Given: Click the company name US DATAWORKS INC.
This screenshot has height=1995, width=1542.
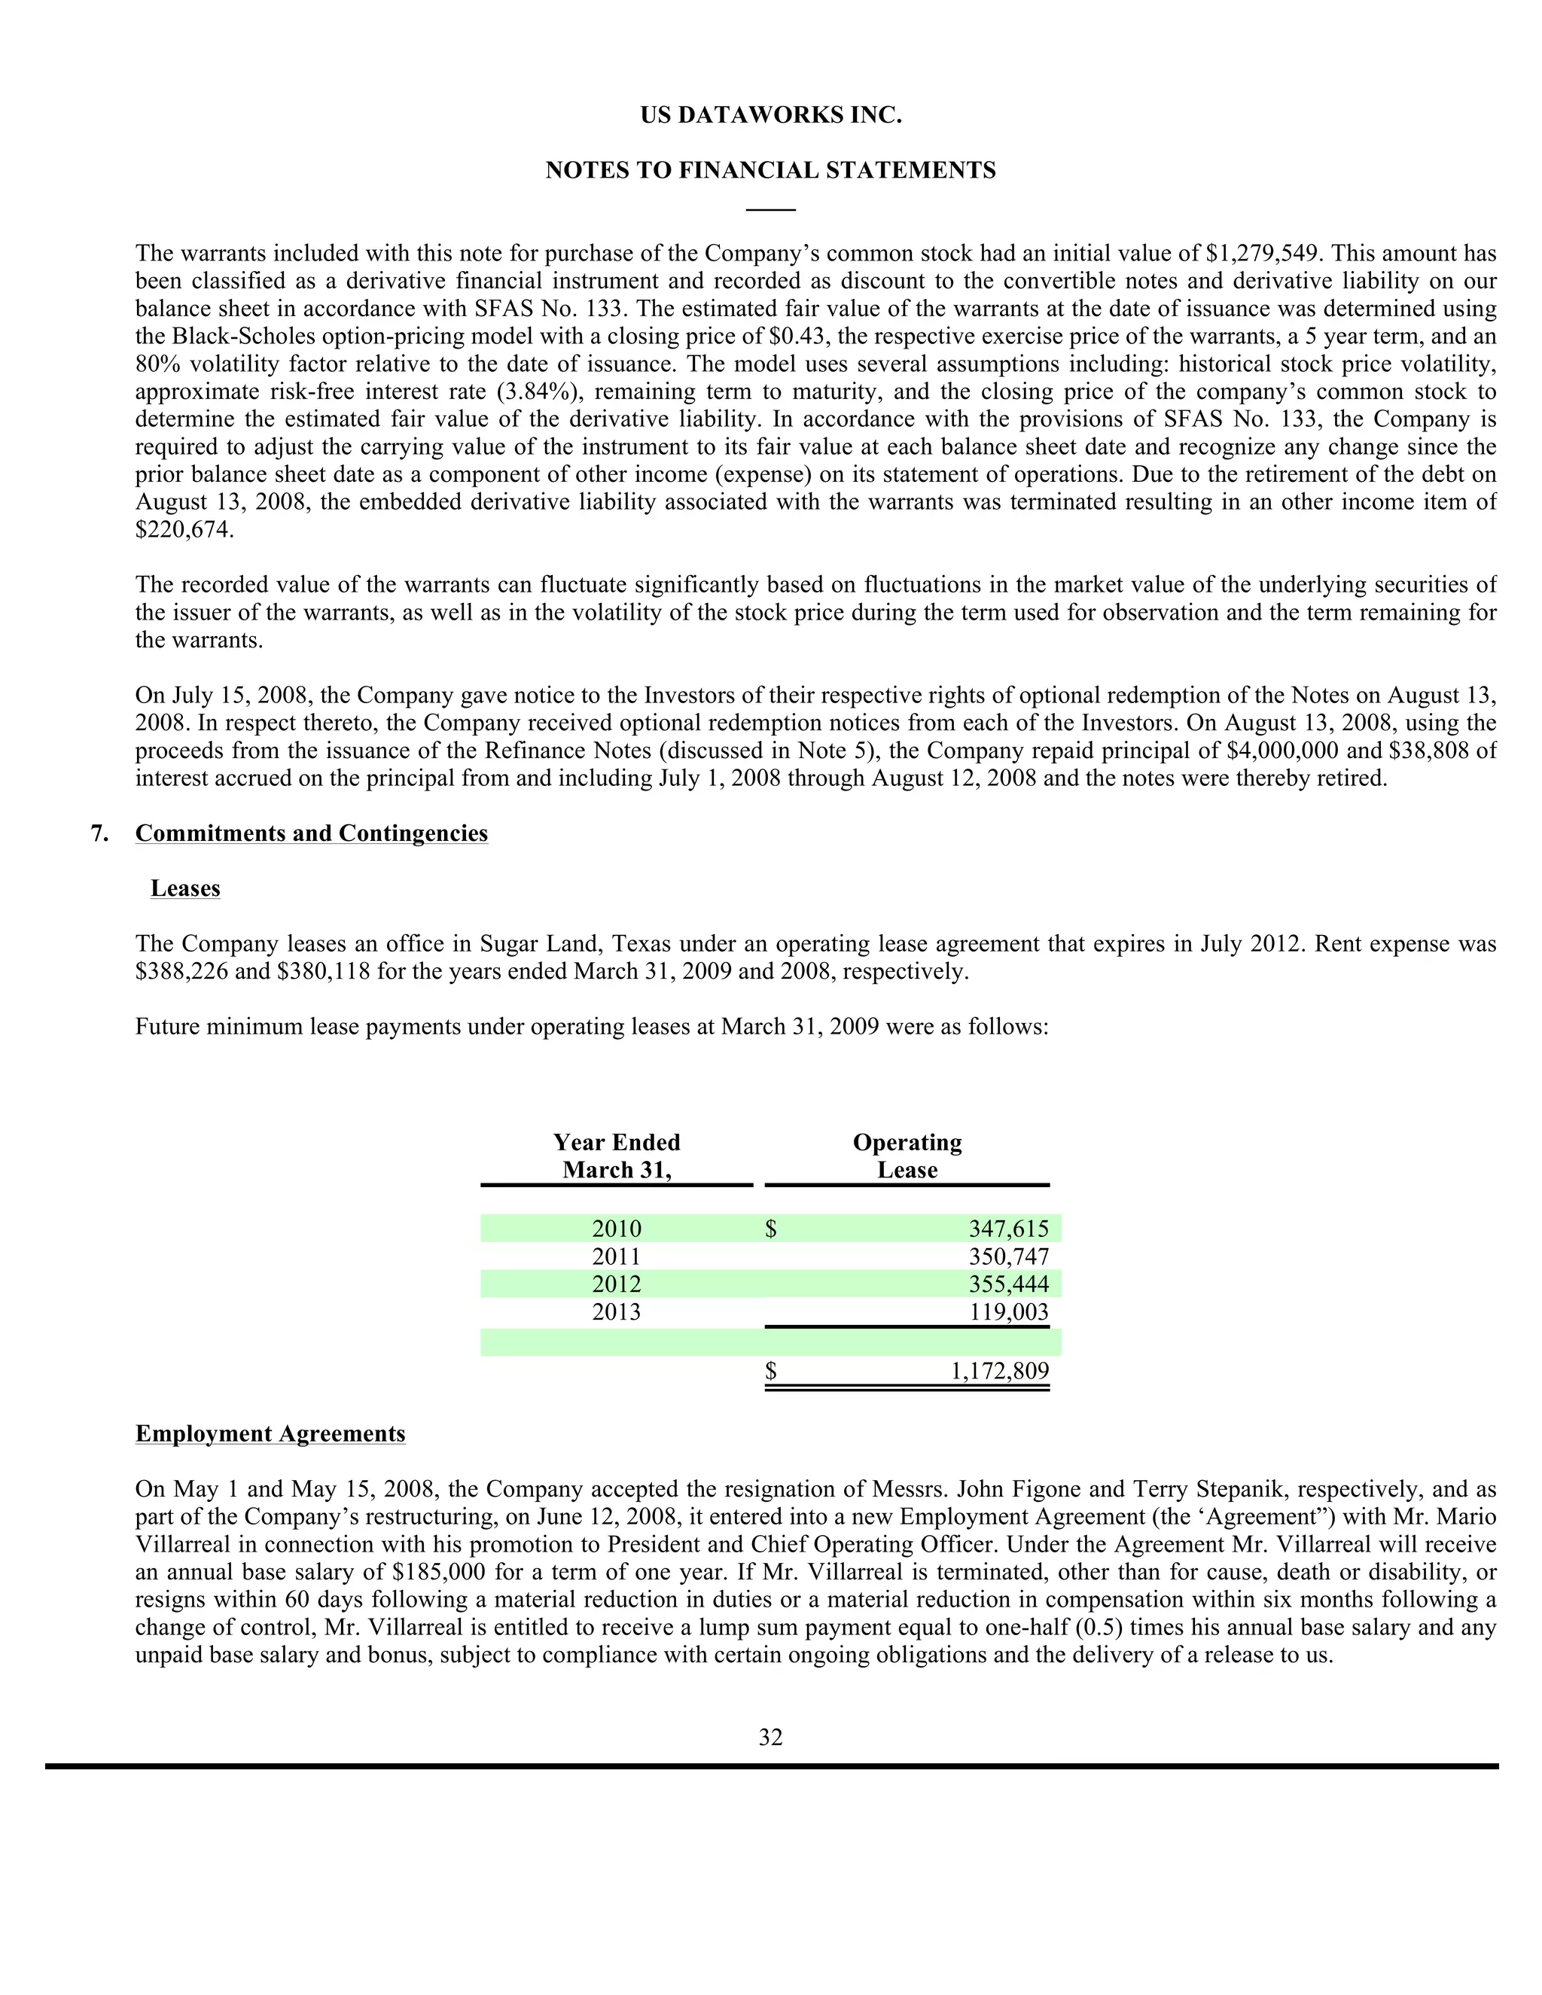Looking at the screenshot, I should pos(770,116).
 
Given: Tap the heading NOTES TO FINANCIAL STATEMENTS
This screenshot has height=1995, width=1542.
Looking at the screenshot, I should pos(770,171).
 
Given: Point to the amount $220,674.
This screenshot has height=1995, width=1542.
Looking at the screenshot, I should pos(184,530).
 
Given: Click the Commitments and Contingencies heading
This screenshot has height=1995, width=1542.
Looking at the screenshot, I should pos(311,833).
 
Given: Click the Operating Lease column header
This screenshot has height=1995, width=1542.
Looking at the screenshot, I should pos(907,1156).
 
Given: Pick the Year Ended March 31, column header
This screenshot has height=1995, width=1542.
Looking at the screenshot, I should pos(617,1156).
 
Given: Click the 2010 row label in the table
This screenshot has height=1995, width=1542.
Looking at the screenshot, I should pos(617,1229).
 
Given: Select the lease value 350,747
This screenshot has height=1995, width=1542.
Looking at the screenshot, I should pos(1008,1257).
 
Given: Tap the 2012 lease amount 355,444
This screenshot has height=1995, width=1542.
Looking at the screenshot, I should pos(1008,1284).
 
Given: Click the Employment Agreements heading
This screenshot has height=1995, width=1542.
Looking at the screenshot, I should pos(270,1434).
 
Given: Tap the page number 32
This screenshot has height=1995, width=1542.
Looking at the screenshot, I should pos(770,1738).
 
